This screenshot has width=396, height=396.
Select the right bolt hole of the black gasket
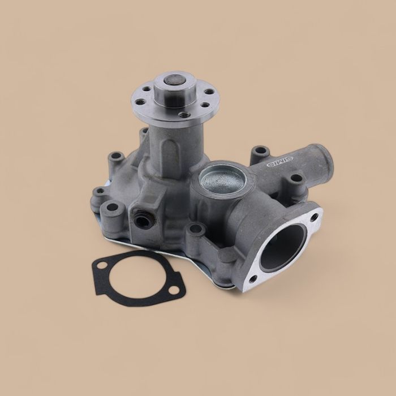[174, 290]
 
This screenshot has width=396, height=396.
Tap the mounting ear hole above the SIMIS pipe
[260, 151]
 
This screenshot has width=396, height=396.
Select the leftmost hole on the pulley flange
[139, 103]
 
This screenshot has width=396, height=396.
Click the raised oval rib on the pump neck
[167, 152]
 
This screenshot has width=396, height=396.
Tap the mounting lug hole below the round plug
[196, 229]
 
